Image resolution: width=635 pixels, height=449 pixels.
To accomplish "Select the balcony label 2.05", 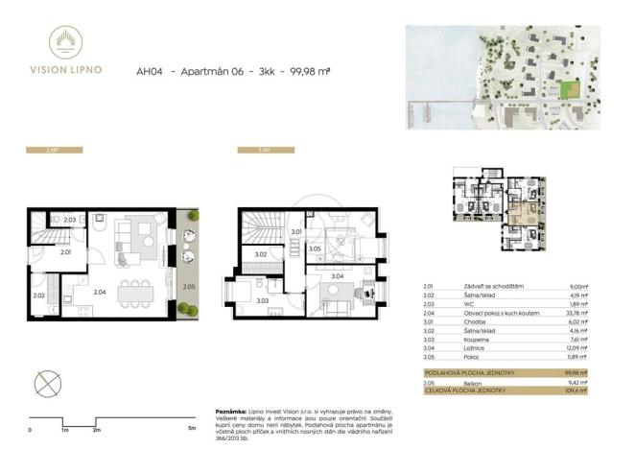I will coord(188,287).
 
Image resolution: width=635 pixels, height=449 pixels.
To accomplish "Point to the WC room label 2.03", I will coord(70,221).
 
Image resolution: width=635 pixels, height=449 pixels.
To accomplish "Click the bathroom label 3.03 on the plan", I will coord(263,300).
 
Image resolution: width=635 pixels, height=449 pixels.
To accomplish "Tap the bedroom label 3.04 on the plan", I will coord(338,275).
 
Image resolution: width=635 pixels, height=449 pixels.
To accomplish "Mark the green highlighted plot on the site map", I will coord(570,90).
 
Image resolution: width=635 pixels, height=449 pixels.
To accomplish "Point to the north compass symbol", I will coord(46,385).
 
